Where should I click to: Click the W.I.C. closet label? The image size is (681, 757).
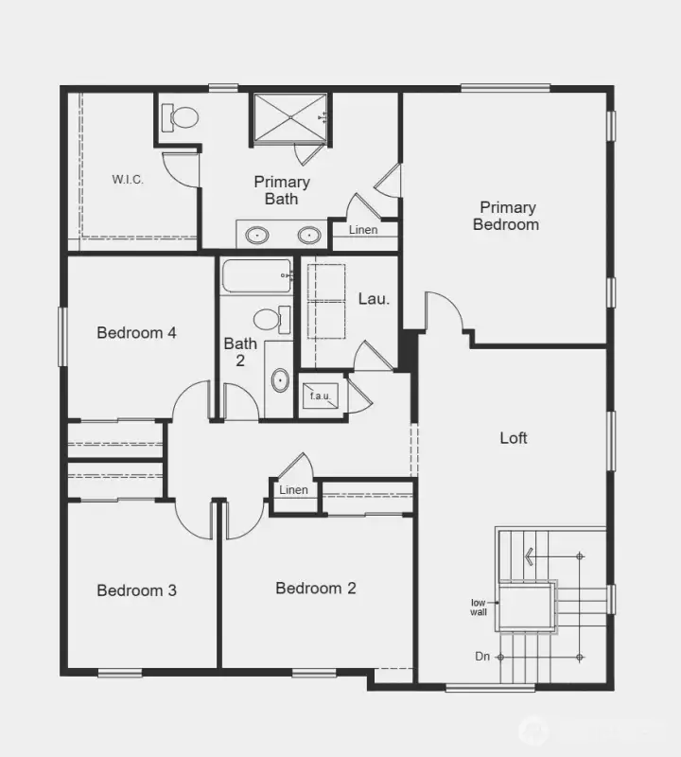click(128, 179)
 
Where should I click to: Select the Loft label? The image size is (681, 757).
click(514, 438)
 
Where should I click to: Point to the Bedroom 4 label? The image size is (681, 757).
click(137, 333)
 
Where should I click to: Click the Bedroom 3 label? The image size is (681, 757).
click(137, 590)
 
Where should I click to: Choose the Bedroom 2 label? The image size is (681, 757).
click(316, 589)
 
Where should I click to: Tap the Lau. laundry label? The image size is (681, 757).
click(374, 298)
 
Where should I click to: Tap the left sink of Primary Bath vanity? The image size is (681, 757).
click(255, 234)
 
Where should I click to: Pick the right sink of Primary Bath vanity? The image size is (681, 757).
click(309, 234)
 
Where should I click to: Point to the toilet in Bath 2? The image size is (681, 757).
click(270, 319)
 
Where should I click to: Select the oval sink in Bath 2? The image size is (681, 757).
click(279, 381)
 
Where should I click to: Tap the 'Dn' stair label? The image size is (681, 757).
click(483, 655)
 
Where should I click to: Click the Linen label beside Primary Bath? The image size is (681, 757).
click(362, 230)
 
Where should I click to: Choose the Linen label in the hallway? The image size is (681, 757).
click(294, 490)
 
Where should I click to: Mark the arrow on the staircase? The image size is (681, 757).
click(531, 556)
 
